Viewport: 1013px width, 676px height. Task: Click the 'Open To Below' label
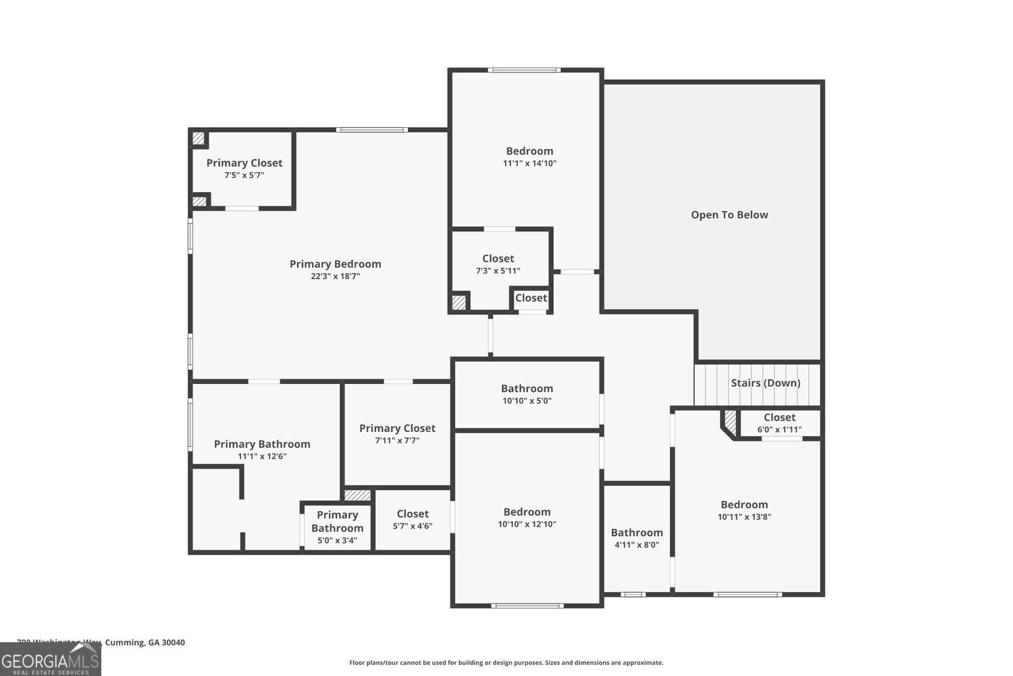(x=729, y=215)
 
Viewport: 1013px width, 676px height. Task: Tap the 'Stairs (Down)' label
(x=765, y=383)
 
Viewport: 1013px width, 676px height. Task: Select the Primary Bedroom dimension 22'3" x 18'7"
(x=336, y=276)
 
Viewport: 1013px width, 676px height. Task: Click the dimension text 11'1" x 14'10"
(x=529, y=163)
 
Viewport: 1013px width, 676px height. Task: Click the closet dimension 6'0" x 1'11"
(x=779, y=429)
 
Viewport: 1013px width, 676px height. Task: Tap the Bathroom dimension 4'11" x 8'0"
(x=637, y=545)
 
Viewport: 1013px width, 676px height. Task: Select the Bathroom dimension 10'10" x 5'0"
(x=527, y=400)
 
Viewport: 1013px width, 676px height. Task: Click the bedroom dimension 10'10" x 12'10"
(x=527, y=524)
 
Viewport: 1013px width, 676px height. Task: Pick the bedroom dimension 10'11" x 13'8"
(x=744, y=516)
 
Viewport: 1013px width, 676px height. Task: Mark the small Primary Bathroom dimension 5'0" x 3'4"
(x=337, y=540)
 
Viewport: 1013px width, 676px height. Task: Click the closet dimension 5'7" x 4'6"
(x=413, y=526)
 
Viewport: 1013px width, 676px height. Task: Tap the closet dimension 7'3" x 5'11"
(x=498, y=271)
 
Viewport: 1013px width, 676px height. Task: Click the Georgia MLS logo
(x=50, y=659)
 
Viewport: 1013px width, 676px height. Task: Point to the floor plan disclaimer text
(x=506, y=662)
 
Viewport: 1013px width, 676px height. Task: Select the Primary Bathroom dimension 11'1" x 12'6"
(x=262, y=456)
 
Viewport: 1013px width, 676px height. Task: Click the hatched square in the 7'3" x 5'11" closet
(x=459, y=301)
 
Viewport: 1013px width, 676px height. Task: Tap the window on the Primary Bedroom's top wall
(x=371, y=130)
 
